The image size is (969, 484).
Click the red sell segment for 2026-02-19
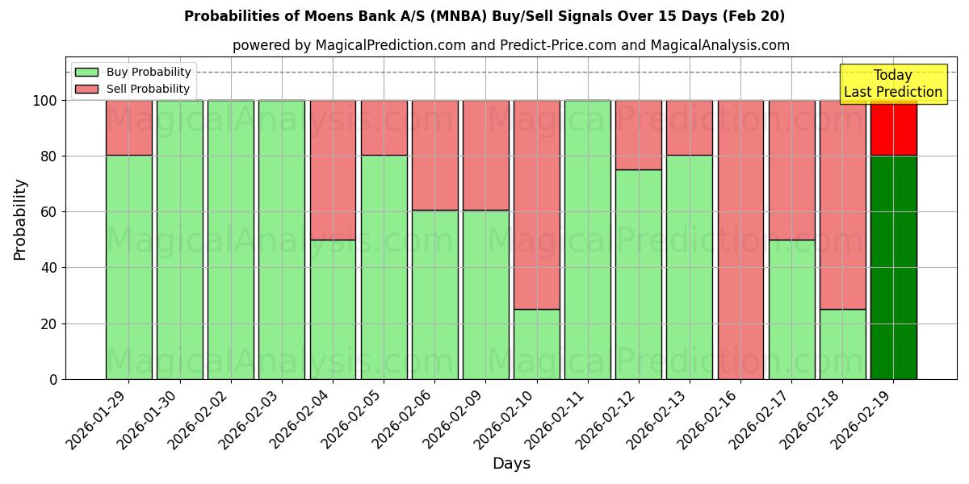pos(893,127)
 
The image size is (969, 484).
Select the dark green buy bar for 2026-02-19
pos(893,267)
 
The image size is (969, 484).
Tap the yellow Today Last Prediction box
pos(892,84)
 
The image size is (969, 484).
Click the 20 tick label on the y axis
pos(50,323)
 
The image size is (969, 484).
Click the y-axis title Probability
pos(20,219)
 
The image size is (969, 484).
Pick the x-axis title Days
pos(511,464)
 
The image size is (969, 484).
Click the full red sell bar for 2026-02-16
pos(740,240)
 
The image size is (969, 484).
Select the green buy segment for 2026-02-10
pos(536,344)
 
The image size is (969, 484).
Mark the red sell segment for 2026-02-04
pos(333,169)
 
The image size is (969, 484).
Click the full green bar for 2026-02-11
pos(587,240)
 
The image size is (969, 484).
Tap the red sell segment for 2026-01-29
pos(128,127)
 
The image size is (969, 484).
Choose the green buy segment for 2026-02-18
pos(842,344)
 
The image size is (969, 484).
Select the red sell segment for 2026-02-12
pos(638,135)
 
